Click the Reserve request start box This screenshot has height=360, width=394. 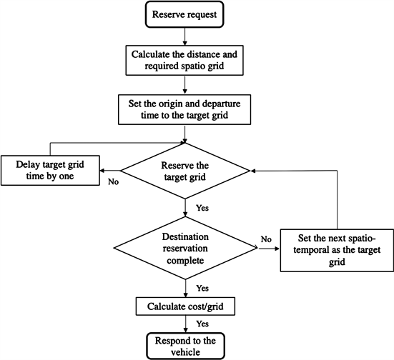186,14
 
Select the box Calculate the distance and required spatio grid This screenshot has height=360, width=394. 186,60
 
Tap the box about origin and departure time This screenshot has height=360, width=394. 186,107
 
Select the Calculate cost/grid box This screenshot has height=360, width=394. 186,306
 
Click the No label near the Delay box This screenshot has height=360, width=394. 112,181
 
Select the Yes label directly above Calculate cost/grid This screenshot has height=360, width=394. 201,289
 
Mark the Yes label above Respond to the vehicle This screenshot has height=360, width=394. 201,323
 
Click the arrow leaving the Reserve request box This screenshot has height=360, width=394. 186,35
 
